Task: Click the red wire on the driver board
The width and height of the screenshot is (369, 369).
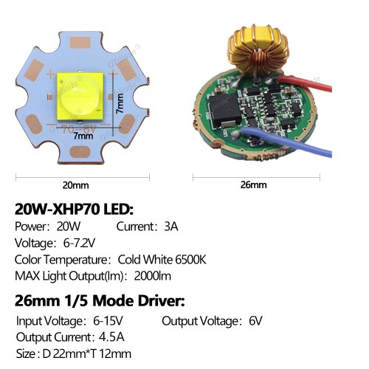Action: pos(305,83)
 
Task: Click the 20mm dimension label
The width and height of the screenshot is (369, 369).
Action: pos(75,185)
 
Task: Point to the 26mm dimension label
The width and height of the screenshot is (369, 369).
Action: pos(253,184)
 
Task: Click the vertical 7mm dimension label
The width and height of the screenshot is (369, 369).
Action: pos(120,103)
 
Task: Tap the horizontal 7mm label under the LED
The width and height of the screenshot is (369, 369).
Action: pos(83,136)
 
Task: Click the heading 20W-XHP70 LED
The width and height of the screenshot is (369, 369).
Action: pos(74,210)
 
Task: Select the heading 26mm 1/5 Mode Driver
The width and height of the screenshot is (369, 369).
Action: pos(100,301)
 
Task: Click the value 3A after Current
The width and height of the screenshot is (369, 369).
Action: pos(171,227)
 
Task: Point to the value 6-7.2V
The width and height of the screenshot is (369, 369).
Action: pos(79,243)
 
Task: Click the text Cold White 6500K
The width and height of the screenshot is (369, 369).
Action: pos(162,260)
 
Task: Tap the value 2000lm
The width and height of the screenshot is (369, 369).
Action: pos(153,276)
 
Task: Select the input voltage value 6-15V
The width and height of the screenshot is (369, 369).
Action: pos(108,321)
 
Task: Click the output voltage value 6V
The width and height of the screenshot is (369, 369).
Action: pos(255,321)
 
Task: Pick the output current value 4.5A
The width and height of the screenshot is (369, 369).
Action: pos(111,337)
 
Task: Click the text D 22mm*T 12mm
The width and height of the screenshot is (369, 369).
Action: pos(87,354)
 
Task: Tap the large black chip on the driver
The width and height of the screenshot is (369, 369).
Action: pos(224,110)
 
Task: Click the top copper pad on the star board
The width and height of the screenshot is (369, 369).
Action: pos(80,43)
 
